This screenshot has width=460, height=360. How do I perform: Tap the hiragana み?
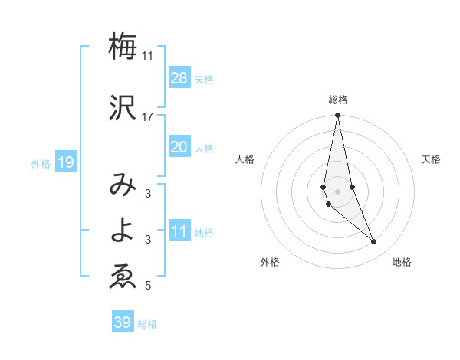[x=123, y=185]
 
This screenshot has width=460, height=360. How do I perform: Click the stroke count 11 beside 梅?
[x=148, y=56]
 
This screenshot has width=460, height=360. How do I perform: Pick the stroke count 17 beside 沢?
[x=148, y=117]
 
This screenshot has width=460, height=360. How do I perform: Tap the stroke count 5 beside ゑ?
[x=148, y=286]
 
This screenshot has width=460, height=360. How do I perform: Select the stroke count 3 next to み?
[x=148, y=194]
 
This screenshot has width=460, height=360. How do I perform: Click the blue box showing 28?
[x=179, y=78]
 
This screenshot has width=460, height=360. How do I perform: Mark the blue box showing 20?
[x=179, y=147]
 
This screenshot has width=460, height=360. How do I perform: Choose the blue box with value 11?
[x=179, y=232]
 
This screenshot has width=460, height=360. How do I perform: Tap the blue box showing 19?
[x=65, y=162]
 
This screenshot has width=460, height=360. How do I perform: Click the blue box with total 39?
[x=122, y=322]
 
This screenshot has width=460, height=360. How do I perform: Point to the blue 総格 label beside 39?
[x=147, y=324]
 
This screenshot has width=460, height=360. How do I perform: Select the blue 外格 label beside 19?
[x=41, y=164]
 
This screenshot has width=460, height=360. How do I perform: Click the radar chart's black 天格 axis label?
[x=432, y=159]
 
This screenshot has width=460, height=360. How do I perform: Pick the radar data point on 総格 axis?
[x=337, y=116]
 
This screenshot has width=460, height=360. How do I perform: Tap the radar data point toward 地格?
[x=374, y=241]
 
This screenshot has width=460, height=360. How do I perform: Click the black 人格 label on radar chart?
[x=245, y=159]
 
